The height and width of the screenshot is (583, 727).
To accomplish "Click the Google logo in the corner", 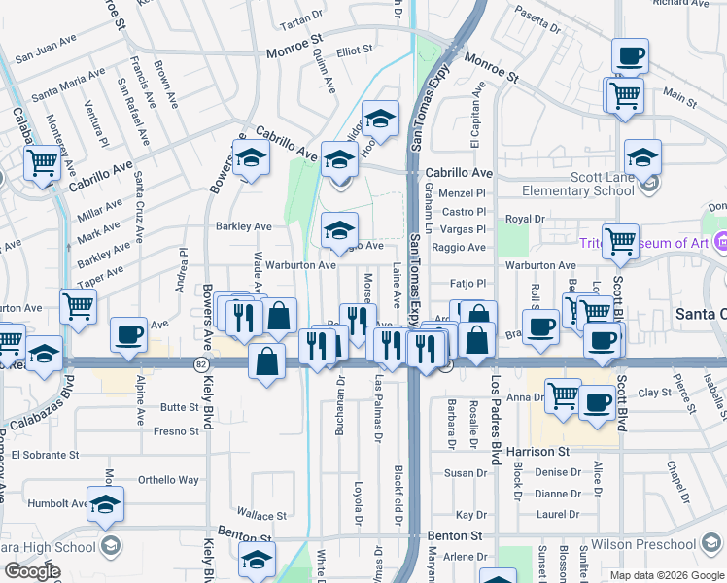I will [x=32, y=571].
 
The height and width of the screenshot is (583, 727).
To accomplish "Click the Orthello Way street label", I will [x=167, y=480].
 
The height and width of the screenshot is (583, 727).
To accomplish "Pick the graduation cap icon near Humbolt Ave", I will [x=106, y=503].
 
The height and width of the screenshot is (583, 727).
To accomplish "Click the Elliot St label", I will [x=355, y=50].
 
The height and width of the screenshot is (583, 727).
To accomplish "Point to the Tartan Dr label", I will [x=300, y=19].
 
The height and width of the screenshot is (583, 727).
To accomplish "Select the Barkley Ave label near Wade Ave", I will [x=243, y=226].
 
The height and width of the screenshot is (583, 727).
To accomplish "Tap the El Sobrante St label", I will [x=39, y=455].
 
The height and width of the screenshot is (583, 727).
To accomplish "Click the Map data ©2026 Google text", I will [x=667, y=575].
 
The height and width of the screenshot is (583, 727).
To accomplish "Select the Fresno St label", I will [x=175, y=430].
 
